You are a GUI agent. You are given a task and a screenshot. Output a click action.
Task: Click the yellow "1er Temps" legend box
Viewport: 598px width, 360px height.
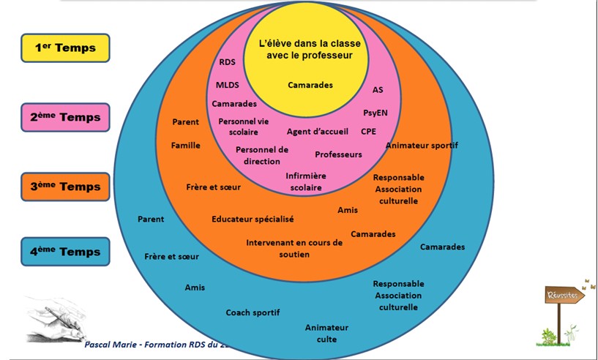pyautogui.click(x=65, y=48)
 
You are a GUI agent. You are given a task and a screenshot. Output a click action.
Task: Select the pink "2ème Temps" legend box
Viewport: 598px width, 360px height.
pyautogui.click(x=65, y=117)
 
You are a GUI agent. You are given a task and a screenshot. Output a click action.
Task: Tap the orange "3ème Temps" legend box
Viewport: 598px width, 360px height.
pyautogui.click(x=65, y=187)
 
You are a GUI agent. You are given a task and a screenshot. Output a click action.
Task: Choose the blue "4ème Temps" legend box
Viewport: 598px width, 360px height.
pyautogui.click(x=65, y=252)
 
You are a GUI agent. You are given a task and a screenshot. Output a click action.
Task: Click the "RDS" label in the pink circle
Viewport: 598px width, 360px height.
pyautogui.click(x=228, y=62)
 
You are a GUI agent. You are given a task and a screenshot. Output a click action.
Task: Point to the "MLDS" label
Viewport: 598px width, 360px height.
pyautogui.click(x=228, y=85)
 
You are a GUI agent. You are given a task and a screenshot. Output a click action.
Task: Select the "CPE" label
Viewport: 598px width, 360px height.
pyautogui.click(x=369, y=132)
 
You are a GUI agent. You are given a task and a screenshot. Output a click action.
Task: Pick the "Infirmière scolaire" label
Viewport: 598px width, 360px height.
pyautogui.click(x=306, y=181)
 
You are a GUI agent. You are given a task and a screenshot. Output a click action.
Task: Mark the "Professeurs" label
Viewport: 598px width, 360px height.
pyautogui.click(x=338, y=154)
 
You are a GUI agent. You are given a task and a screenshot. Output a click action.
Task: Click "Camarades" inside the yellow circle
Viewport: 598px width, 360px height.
pyautogui.click(x=310, y=85)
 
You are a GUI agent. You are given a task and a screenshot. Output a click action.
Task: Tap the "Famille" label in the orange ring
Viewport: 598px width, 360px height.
pyautogui.click(x=186, y=145)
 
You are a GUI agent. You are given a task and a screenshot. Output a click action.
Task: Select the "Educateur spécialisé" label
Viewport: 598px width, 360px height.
pyautogui.click(x=253, y=219)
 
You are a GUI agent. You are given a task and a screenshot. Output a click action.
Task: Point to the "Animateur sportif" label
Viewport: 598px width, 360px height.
pyautogui.click(x=422, y=145)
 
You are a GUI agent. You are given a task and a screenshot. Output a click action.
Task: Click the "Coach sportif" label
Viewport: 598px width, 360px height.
pyautogui.click(x=253, y=312)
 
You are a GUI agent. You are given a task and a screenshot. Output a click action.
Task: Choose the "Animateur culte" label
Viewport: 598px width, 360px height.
pyautogui.click(x=326, y=333)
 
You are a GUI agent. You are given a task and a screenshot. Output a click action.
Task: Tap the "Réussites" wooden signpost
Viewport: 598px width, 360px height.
pyautogui.click(x=564, y=296)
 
